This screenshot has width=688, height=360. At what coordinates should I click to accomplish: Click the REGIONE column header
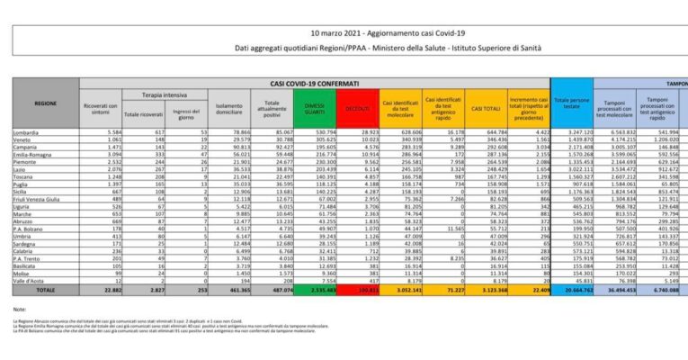click(46, 104)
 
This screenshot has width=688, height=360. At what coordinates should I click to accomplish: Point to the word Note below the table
click(21, 309)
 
